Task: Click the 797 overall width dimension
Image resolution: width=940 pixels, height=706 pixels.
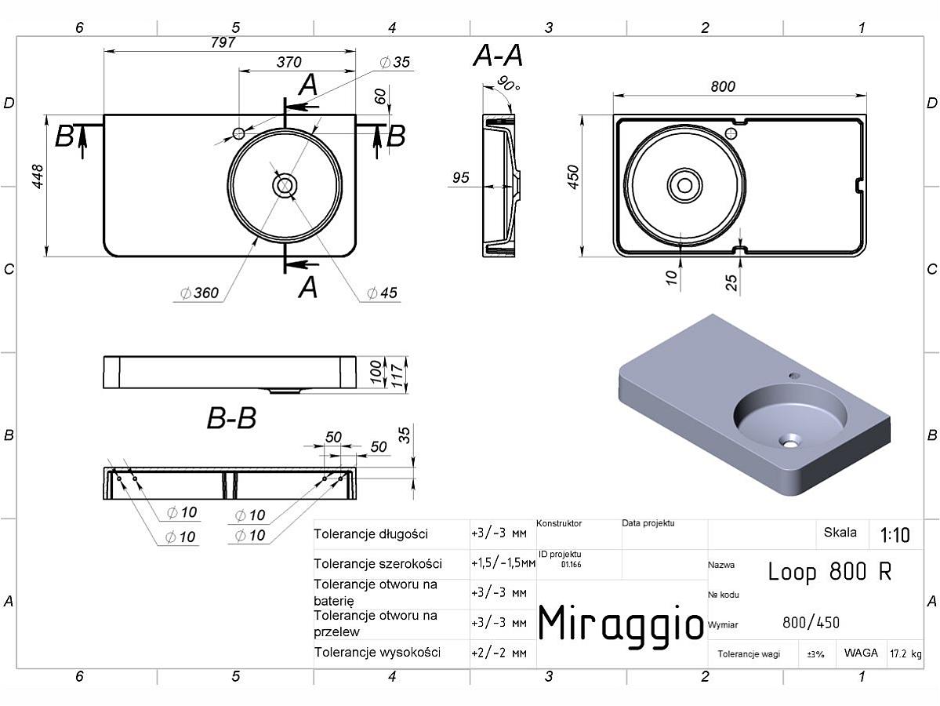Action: pyautogui.click(x=223, y=42)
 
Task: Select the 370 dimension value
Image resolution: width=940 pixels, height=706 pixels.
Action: pyautogui.click(x=289, y=62)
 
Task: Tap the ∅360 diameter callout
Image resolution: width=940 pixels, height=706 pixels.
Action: pyautogui.click(x=200, y=293)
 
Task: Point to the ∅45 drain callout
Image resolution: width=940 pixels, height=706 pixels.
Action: pyautogui.click(x=382, y=293)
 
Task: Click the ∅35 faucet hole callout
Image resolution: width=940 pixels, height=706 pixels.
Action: pyautogui.click(x=395, y=62)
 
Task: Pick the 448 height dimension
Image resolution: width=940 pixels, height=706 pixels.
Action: pyautogui.click(x=38, y=176)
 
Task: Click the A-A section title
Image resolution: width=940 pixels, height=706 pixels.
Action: pyautogui.click(x=498, y=56)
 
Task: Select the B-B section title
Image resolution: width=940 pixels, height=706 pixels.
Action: pyautogui.click(x=231, y=418)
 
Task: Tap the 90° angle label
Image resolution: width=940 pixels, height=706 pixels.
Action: pyautogui.click(x=508, y=84)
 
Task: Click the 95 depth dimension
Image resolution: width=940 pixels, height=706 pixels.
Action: pyautogui.click(x=460, y=177)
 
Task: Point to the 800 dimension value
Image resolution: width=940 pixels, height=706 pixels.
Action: pyautogui.click(x=723, y=86)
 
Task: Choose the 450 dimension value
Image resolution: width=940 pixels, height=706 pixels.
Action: pyautogui.click(x=574, y=177)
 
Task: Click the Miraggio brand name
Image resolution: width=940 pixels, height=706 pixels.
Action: pyautogui.click(x=621, y=624)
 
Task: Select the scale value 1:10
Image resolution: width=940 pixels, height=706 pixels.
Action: pyautogui.click(x=895, y=534)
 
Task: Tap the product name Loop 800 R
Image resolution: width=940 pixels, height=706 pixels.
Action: pyautogui.click(x=830, y=572)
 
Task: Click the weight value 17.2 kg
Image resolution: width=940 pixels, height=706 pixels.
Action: pyautogui.click(x=906, y=653)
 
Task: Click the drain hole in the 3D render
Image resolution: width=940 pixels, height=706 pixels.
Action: pyautogui.click(x=789, y=442)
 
